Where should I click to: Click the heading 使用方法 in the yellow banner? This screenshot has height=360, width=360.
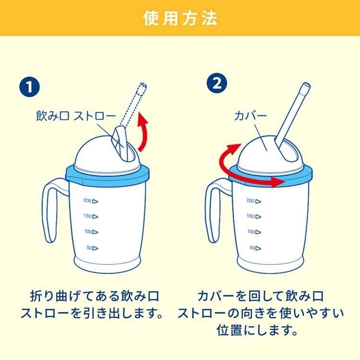[180, 18]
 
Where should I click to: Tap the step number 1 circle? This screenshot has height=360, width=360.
[29, 87]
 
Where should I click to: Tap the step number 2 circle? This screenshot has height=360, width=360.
[217, 83]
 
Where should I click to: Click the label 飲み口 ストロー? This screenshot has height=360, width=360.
[76, 116]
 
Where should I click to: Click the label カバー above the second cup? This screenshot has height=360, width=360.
[251, 116]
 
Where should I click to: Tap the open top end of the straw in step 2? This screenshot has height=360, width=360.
[307, 85]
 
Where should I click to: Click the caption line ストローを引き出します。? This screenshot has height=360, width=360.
[92, 313]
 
